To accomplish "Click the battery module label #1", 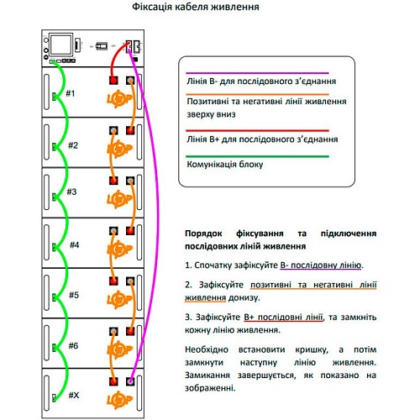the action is (x=71, y=93).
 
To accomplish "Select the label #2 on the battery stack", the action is (x=73, y=145).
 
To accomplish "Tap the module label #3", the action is (x=71, y=192).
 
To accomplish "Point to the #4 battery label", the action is (x=75, y=245).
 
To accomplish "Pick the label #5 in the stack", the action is (x=74, y=295).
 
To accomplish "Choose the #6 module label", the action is (x=74, y=346).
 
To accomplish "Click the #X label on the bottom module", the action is (x=74, y=396).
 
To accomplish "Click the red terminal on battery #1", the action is (x=113, y=81).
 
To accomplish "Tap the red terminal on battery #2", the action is (x=130, y=130).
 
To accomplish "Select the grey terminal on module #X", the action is (x=130, y=381).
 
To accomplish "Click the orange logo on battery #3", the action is (x=120, y=199).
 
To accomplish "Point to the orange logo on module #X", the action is (x=120, y=400).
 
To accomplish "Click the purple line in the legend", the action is (x=257, y=73).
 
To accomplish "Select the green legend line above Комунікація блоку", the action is (x=257, y=156).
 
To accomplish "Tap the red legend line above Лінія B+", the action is (x=257, y=130).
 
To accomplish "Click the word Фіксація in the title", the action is (x=152, y=7).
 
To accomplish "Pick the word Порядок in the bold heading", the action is (x=203, y=234).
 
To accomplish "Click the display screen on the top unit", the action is (x=61, y=45).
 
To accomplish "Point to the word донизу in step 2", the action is (x=244, y=298).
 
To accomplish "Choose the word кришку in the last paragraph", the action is (x=312, y=350).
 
